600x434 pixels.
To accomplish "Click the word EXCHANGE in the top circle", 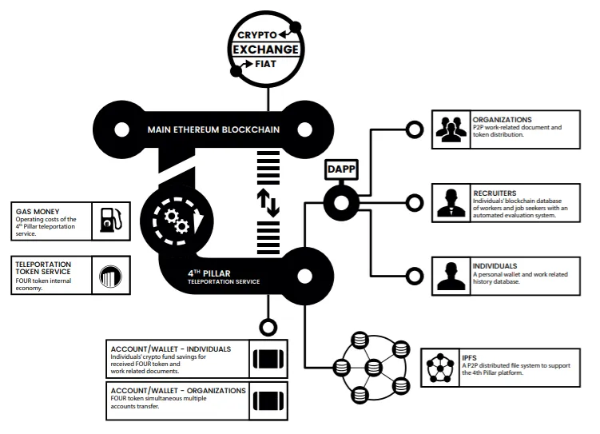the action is click(x=265, y=50).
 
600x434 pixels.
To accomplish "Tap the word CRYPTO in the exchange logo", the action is click(x=256, y=35).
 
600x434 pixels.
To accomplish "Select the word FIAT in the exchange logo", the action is click(x=265, y=64).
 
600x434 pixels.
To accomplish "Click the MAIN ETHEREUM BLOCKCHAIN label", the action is click(x=213, y=129).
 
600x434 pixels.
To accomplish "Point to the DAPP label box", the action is click(x=341, y=169).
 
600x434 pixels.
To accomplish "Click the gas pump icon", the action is click(x=111, y=220).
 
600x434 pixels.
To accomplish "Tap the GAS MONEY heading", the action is click(x=38, y=212).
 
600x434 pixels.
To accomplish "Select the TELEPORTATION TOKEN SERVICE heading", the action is click(x=43, y=268).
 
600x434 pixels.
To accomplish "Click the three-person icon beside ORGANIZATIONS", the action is click(x=451, y=129).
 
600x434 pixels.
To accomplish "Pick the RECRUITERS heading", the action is click(x=495, y=193).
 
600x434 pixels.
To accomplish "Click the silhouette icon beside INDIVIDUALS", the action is click(x=451, y=276).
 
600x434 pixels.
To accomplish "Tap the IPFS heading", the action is click(x=469, y=358).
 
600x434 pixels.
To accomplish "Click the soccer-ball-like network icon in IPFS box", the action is click(x=440, y=368).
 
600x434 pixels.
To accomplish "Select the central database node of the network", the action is click(x=373, y=368).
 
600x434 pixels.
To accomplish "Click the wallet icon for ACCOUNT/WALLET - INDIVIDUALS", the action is click(x=268, y=359).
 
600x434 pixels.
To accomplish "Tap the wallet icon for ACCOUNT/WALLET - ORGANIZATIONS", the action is click(x=268, y=400).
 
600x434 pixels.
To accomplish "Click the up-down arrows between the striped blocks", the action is click(x=268, y=202).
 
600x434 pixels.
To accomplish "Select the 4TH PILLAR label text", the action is click(x=209, y=273).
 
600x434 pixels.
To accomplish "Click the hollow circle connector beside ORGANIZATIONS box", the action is click(x=415, y=129).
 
